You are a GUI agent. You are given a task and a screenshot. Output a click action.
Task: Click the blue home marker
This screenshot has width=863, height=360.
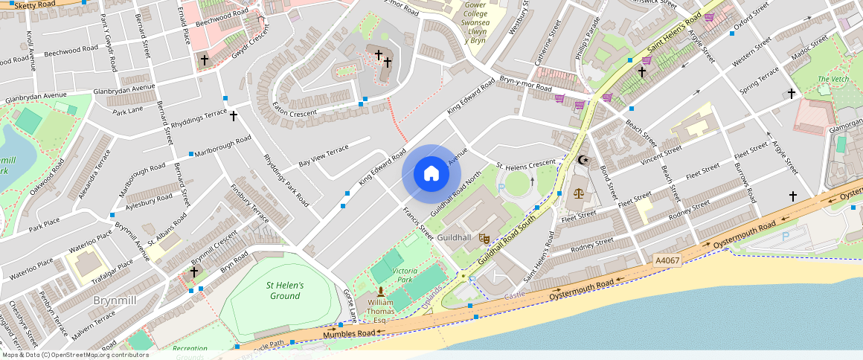(x=431, y=174)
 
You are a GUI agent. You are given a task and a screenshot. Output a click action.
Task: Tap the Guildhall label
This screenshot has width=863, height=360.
(x=454, y=237)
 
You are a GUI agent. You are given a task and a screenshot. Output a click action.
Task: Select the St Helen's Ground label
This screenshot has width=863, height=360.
(x=285, y=291)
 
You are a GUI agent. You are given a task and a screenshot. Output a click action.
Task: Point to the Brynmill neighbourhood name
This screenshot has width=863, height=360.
(x=114, y=300)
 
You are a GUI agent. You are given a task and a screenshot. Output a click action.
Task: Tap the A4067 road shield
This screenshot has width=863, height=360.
(x=667, y=260)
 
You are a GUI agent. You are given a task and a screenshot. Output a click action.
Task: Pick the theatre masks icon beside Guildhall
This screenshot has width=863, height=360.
(x=484, y=239)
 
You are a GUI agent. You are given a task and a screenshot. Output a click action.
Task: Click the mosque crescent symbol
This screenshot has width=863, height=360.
(x=583, y=160)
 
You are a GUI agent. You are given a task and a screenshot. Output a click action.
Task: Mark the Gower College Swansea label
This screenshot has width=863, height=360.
(x=475, y=22)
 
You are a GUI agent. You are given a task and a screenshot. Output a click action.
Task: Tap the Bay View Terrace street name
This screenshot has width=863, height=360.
(x=324, y=156)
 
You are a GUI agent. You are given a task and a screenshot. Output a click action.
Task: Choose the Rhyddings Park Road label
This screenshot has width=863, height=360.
(x=286, y=180)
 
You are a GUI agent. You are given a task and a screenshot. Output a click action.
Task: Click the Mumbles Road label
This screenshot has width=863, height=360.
(x=348, y=334)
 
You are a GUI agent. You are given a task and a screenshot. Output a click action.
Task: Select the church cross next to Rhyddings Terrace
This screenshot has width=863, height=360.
(x=233, y=116)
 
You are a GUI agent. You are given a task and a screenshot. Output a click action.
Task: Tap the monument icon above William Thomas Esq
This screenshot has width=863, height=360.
(x=380, y=292)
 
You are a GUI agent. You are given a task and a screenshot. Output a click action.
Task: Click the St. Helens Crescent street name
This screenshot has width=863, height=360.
(x=526, y=163)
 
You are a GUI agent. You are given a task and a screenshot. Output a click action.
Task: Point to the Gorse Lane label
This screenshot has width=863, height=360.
(x=350, y=305)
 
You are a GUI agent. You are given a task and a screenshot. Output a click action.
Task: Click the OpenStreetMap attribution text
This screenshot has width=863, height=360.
(x=74, y=355)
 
